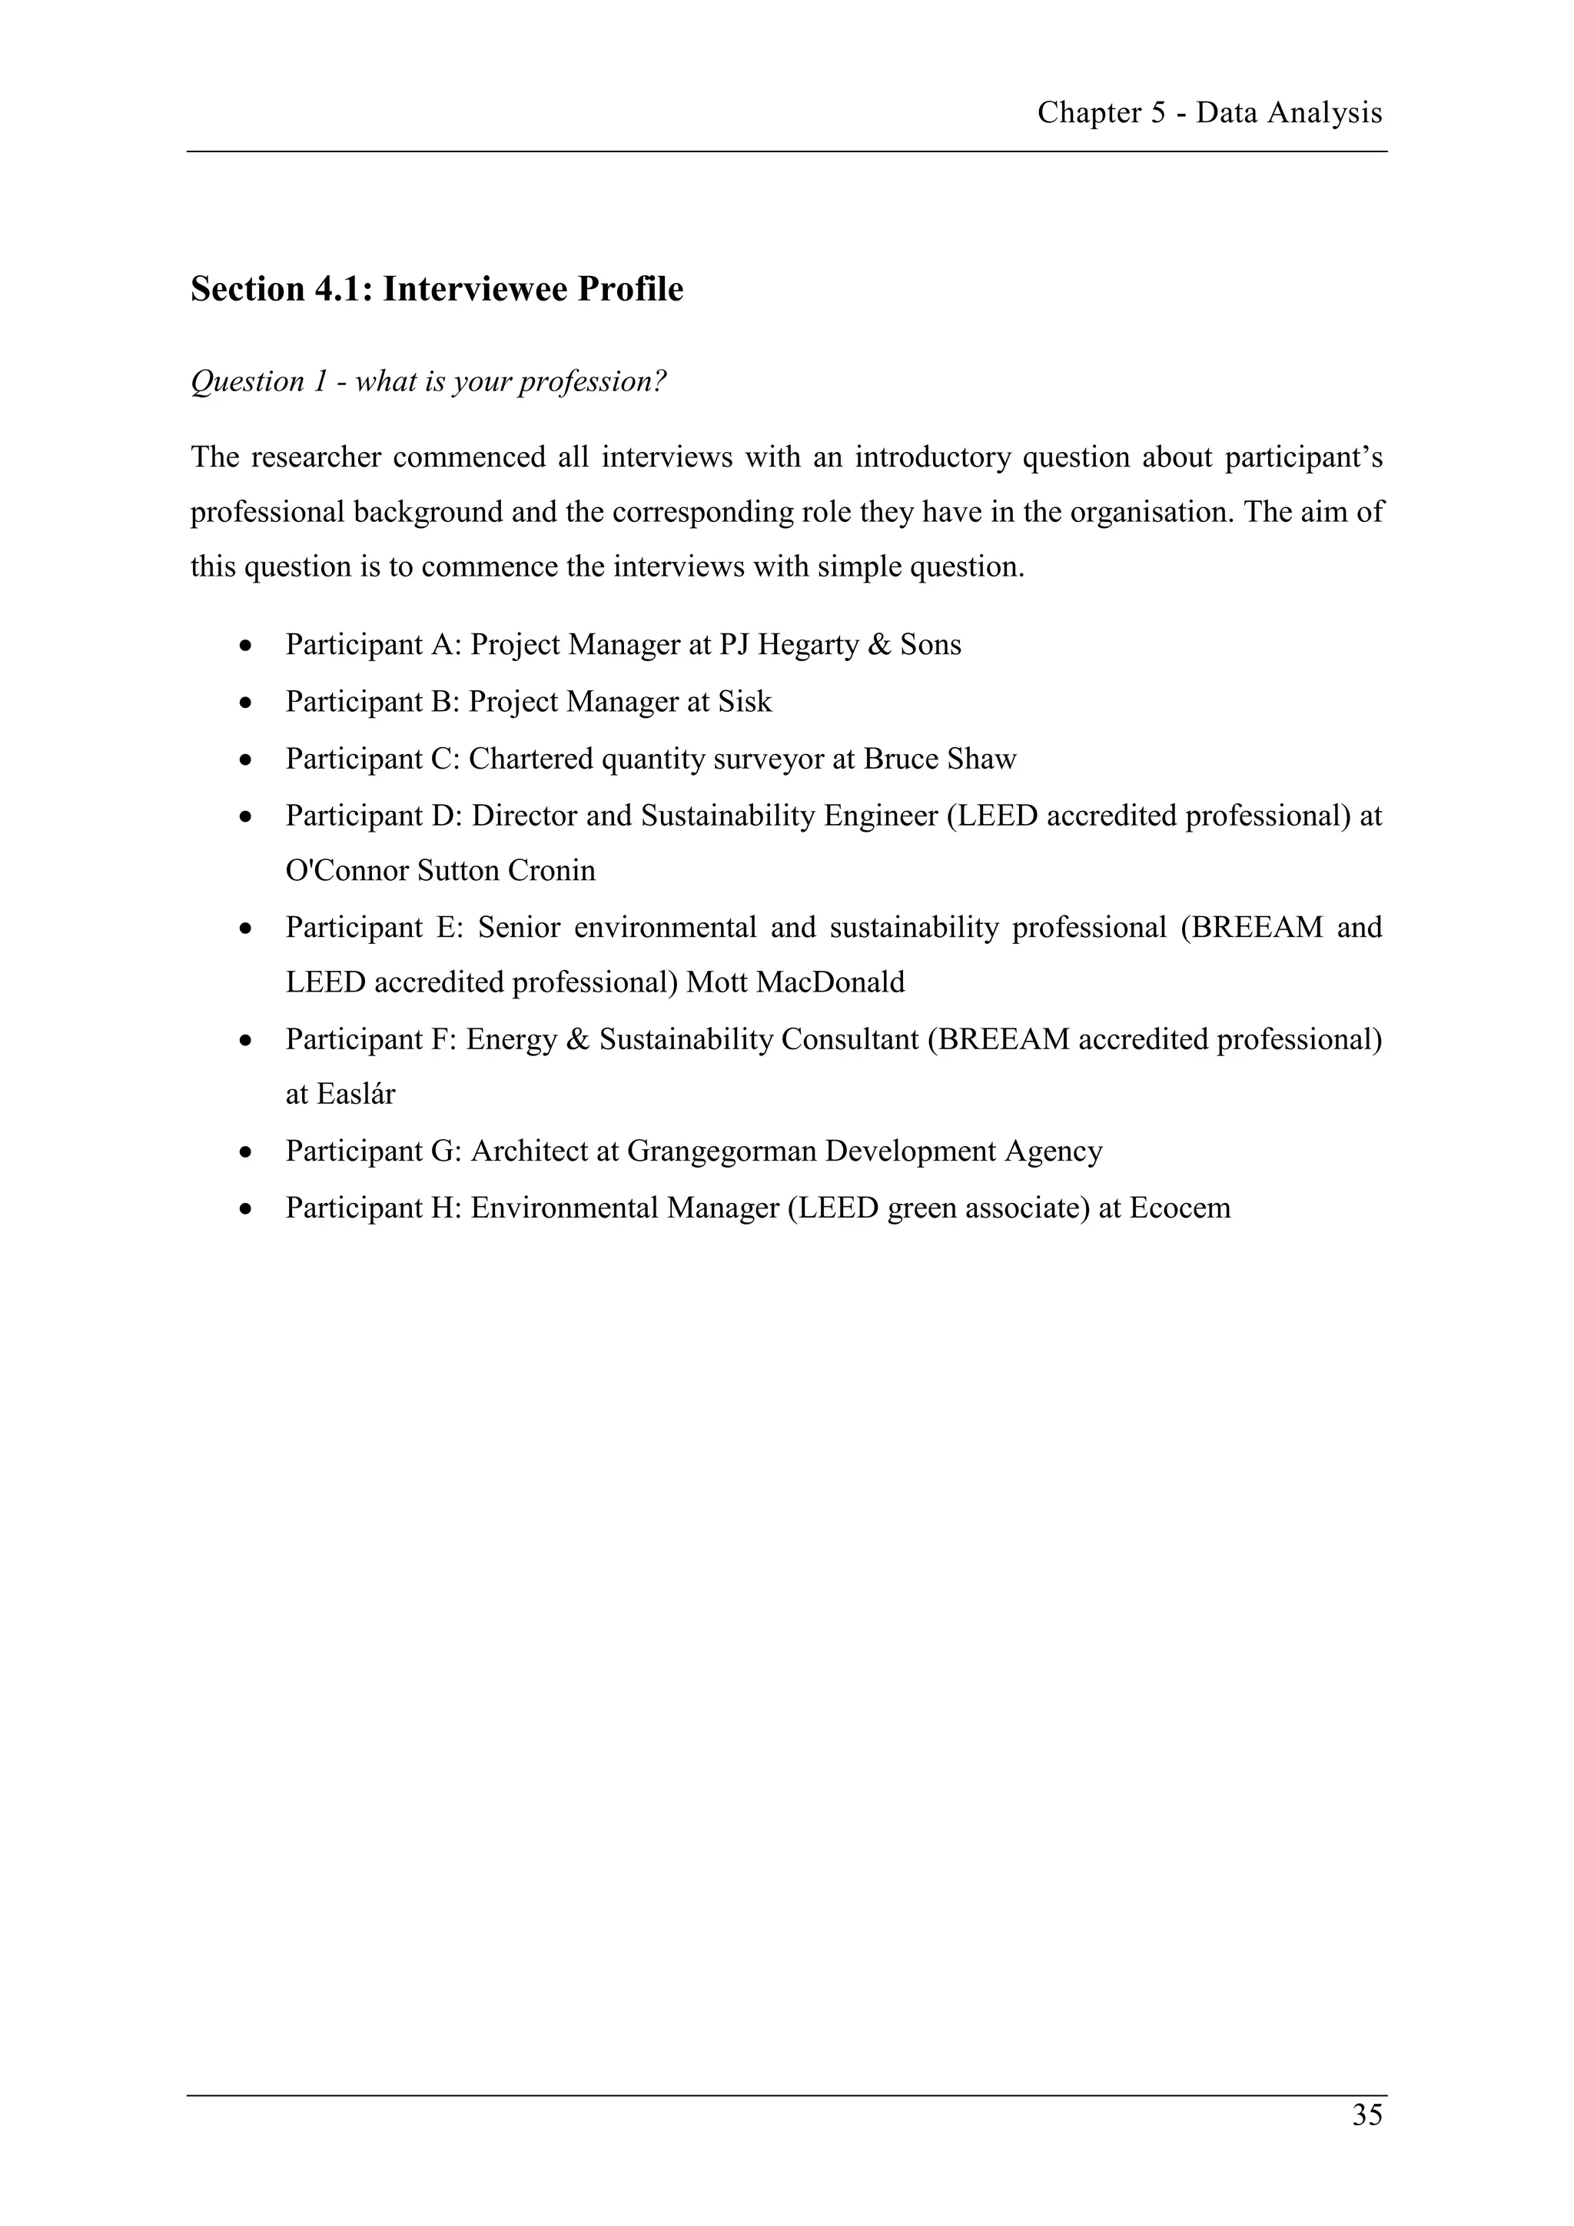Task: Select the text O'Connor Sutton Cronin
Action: click(440, 871)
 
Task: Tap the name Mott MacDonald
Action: click(795, 982)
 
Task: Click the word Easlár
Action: click(340, 1095)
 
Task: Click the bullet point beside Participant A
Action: click(249, 646)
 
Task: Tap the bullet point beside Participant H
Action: click(249, 1209)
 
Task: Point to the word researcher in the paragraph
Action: click(316, 457)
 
